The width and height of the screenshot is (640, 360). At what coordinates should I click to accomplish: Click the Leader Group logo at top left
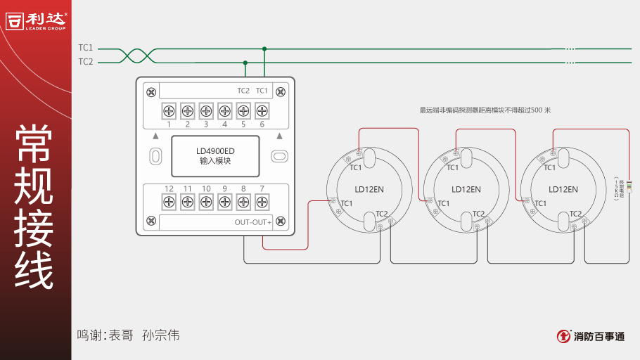pos(36,20)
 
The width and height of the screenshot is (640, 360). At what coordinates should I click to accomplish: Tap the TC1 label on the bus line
pos(85,48)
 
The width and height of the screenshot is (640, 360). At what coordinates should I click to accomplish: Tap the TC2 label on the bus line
pos(85,62)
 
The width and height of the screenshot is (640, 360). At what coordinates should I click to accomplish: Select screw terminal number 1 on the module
pos(169,110)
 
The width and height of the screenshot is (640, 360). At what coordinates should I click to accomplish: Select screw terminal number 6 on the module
pos(262,110)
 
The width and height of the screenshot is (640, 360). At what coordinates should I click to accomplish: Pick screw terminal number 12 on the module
pos(169,202)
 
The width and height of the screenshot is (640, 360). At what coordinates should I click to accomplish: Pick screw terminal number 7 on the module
pos(262,202)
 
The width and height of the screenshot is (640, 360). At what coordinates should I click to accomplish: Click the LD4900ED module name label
pos(215,155)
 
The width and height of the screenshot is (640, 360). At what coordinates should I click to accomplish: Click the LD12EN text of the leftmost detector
pos(369,189)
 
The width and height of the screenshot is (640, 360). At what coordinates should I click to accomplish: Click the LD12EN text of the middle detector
pos(466,189)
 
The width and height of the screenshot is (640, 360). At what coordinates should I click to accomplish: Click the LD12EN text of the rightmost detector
pos(563,189)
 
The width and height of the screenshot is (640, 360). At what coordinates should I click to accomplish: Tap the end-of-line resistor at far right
pos(629,188)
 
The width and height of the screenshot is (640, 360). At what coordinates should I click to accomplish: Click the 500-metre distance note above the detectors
pos(485,110)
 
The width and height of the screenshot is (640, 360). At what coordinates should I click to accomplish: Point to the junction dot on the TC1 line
pos(264,49)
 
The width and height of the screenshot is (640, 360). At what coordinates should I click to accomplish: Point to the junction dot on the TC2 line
pos(245,63)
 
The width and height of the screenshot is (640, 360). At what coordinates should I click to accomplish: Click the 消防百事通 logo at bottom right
pos(591,336)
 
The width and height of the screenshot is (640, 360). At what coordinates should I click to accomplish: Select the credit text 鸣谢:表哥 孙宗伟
pos(128,335)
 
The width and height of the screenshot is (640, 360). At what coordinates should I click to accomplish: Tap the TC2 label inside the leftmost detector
pos(381,214)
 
